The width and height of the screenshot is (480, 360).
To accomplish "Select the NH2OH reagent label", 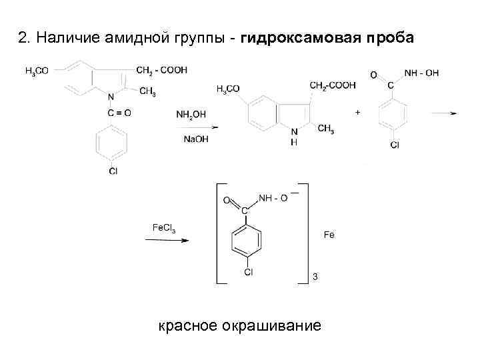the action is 189,114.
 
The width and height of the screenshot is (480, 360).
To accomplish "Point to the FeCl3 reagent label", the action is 163,228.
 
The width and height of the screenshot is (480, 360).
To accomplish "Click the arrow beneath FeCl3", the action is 167,240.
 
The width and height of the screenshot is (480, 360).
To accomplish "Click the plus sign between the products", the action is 357,113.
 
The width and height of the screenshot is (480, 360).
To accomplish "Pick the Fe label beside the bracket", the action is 329,235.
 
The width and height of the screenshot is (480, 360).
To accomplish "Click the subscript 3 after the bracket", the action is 315,277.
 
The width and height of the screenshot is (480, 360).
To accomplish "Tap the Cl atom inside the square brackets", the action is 248,272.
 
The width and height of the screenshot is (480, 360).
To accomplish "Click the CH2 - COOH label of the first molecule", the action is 161,70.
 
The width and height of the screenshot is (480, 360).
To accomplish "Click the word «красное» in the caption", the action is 188,326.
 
